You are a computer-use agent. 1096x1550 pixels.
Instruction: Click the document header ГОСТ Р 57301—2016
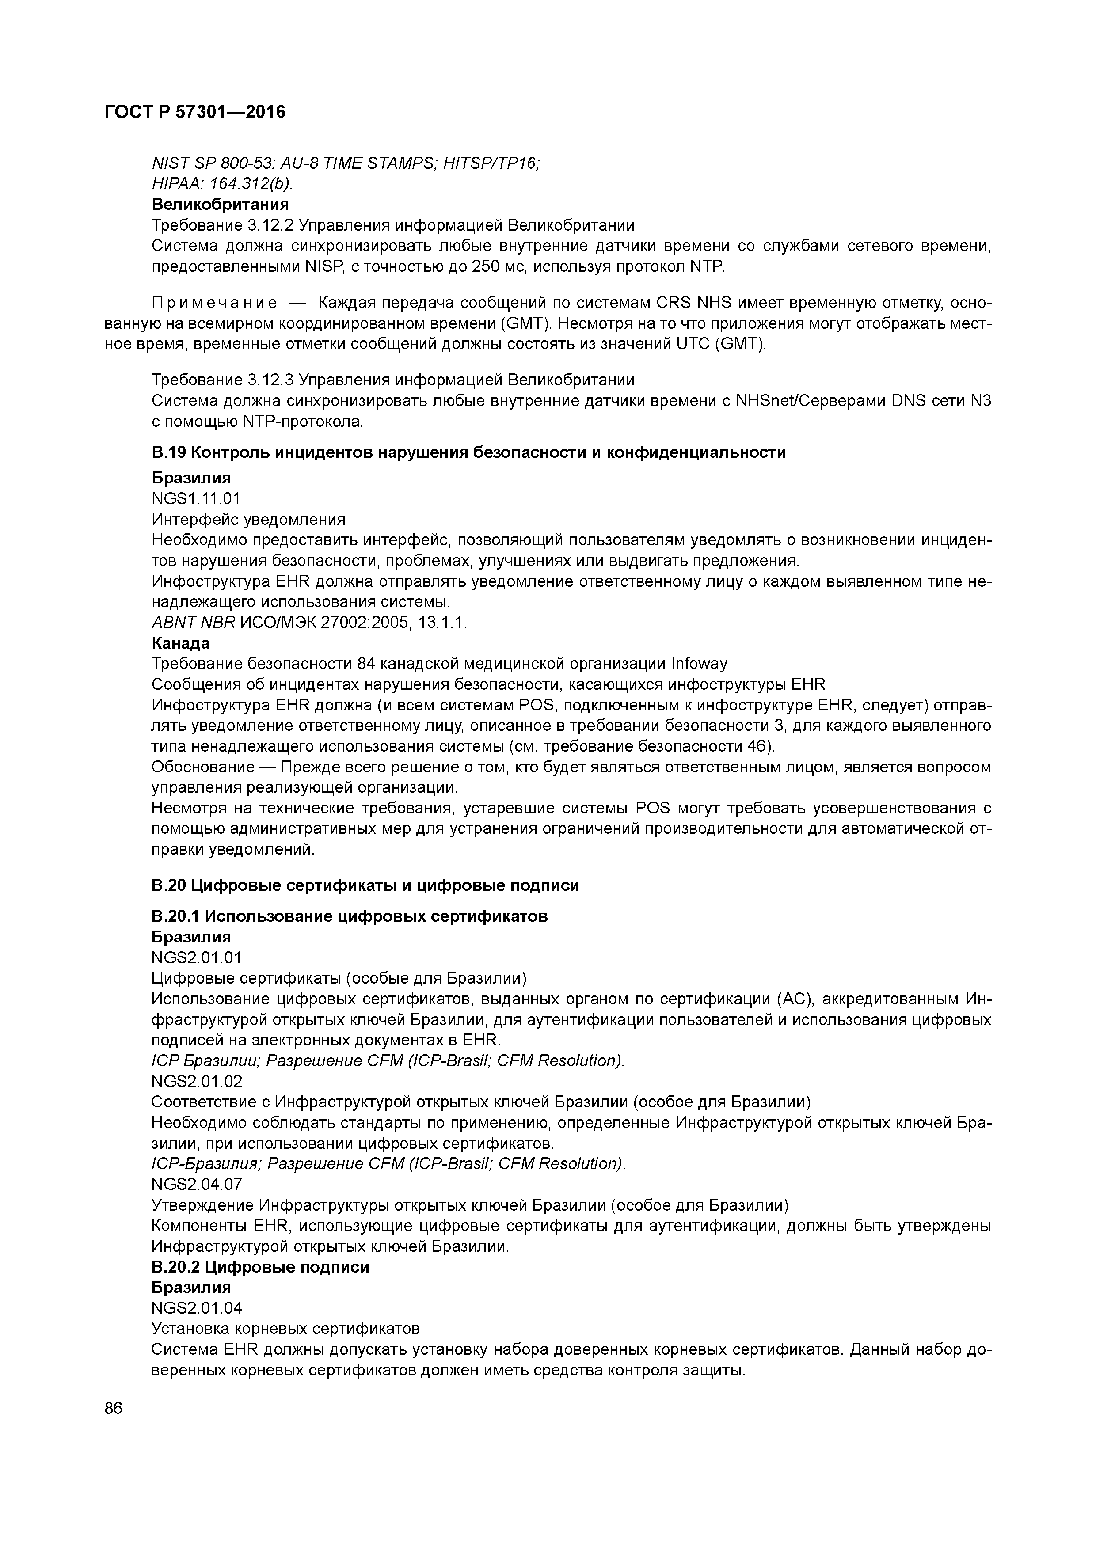(x=195, y=112)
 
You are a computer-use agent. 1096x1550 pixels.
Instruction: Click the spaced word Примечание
(x=214, y=302)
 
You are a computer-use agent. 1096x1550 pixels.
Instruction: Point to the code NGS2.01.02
(x=197, y=1081)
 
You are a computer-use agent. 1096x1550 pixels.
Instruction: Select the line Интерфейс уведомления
(x=248, y=520)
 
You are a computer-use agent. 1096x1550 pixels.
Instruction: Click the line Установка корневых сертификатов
(x=285, y=1329)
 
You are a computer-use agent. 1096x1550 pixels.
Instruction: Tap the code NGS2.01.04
(x=197, y=1308)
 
